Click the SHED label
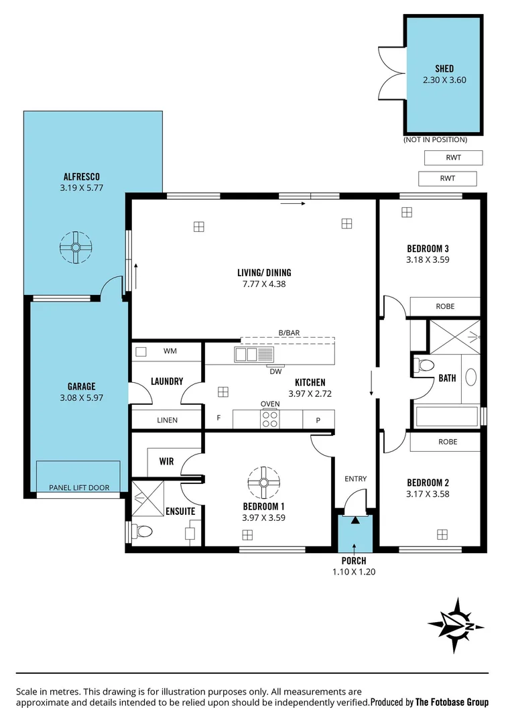click(x=444, y=68)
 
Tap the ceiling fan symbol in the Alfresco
click(x=76, y=247)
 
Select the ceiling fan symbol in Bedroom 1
click(x=263, y=482)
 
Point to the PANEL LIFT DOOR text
click(x=78, y=487)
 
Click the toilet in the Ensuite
click(x=142, y=532)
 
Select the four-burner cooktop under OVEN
click(x=270, y=419)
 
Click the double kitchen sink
click(x=246, y=355)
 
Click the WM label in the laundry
click(x=170, y=351)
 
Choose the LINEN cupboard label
click(x=167, y=420)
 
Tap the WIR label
click(x=166, y=462)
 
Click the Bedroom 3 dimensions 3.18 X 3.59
click(x=428, y=259)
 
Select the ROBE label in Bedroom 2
click(x=447, y=442)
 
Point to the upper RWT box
click(x=453, y=158)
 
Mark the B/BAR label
click(x=289, y=333)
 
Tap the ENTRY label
click(x=355, y=479)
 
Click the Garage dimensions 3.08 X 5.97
click(x=81, y=397)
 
